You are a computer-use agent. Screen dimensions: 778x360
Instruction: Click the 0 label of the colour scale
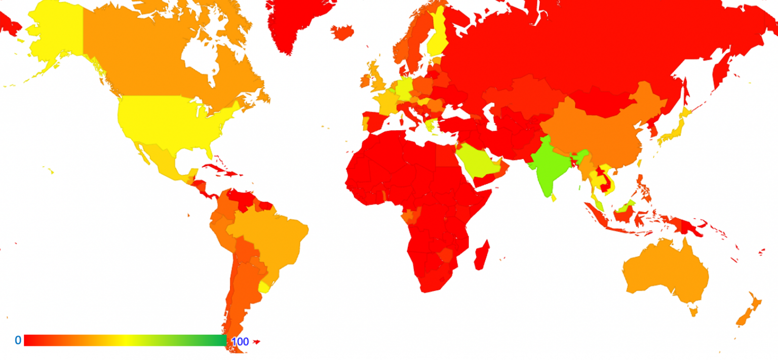18,340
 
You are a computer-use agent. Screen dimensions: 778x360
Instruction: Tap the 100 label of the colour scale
240,342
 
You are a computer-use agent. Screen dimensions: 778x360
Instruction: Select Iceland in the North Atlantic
342,32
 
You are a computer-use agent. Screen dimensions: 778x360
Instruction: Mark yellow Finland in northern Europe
437,38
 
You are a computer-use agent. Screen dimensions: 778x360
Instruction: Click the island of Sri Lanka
553,198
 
